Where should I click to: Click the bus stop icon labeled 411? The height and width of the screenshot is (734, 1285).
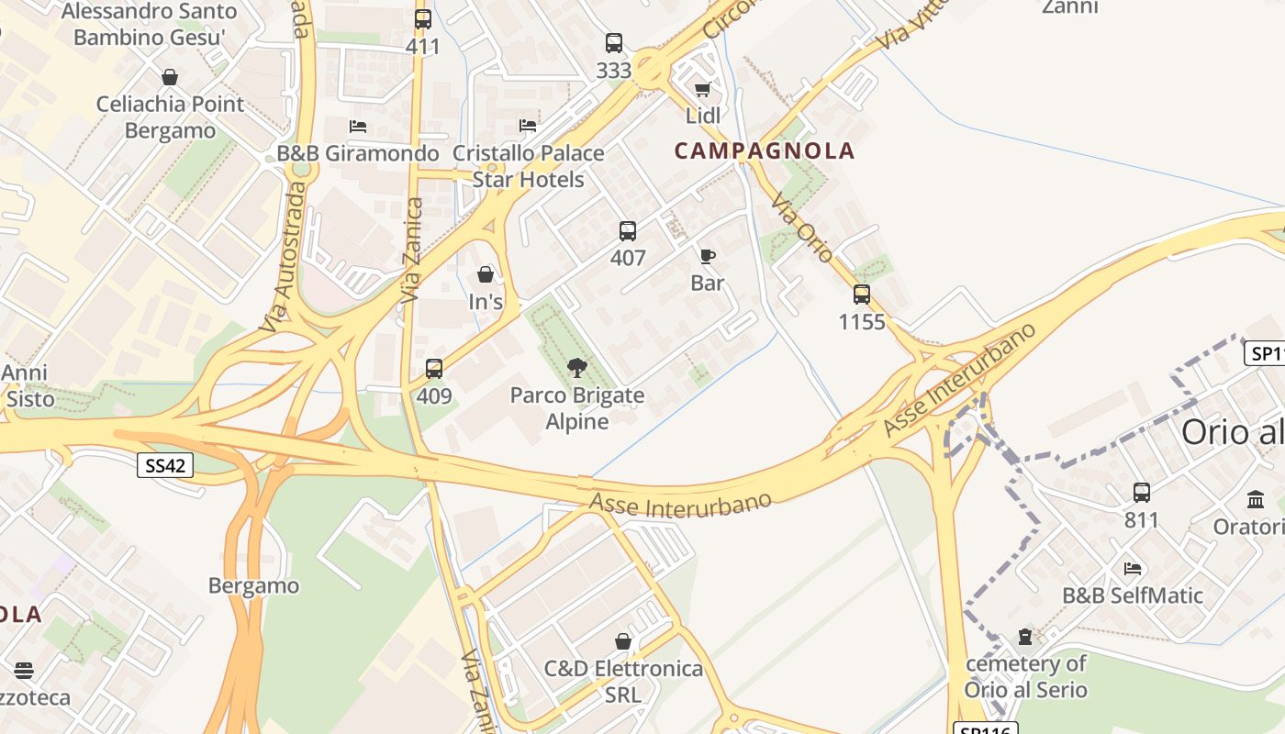click(x=422, y=19)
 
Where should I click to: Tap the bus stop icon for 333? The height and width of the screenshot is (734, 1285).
click(x=613, y=43)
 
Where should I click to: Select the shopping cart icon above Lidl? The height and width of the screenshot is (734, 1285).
click(x=703, y=89)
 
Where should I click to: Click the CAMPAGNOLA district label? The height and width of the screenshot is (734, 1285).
click(x=765, y=151)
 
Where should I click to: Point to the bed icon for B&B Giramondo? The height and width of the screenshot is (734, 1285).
click(x=358, y=126)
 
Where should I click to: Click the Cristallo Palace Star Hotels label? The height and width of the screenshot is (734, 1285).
click(x=529, y=166)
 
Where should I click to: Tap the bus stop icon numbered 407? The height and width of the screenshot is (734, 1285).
click(x=628, y=231)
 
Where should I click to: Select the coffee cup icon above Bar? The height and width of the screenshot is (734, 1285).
click(x=707, y=256)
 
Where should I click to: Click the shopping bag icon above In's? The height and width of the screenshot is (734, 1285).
click(x=486, y=274)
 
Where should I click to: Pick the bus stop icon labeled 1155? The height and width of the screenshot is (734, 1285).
click(x=862, y=295)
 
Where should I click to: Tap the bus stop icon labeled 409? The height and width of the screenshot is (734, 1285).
click(x=434, y=369)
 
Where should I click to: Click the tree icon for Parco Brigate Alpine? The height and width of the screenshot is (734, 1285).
click(x=577, y=369)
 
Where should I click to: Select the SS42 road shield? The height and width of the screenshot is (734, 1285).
click(x=166, y=465)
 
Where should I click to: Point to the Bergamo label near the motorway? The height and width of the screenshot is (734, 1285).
click(x=254, y=585)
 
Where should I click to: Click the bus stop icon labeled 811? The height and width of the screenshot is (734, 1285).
click(x=1142, y=493)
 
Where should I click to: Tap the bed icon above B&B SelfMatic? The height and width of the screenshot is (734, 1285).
click(x=1133, y=569)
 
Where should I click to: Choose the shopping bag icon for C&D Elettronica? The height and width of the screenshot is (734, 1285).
click(x=623, y=641)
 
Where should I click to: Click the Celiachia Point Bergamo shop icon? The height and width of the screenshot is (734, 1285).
click(x=170, y=77)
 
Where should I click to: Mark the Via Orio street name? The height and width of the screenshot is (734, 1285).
click(x=801, y=228)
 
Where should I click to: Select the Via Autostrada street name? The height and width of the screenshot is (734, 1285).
click(x=283, y=257)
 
